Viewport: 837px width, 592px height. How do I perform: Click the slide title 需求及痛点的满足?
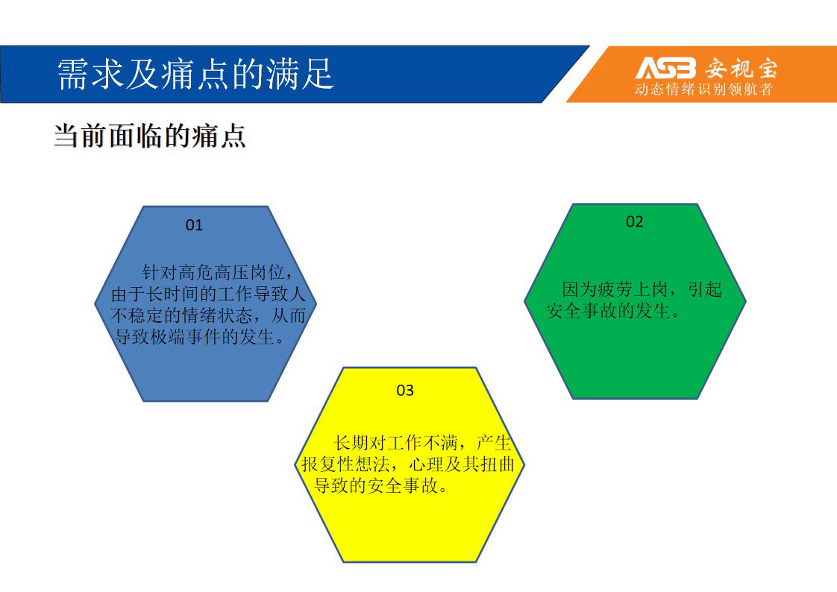point(195,74)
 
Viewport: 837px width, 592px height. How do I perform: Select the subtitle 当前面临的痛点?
point(149,136)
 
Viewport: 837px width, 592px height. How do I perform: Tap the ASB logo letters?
point(666,68)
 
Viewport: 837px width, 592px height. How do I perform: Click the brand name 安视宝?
point(741,69)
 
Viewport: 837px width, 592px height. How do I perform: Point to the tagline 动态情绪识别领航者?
point(703,89)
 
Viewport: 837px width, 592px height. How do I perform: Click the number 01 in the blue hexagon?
point(194,225)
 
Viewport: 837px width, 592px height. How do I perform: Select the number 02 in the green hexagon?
point(635,222)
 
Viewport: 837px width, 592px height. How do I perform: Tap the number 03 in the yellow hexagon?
point(405,391)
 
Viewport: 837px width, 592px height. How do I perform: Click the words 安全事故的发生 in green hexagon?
point(608,310)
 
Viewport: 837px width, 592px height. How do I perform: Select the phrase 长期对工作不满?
point(395,443)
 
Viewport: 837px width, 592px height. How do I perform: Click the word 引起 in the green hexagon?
point(705,289)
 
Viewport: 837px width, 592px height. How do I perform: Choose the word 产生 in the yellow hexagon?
point(494,443)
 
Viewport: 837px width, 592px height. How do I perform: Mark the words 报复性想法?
point(345,464)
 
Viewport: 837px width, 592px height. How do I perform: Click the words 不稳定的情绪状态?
point(181,315)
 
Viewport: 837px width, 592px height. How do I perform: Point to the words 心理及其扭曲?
point(462,464)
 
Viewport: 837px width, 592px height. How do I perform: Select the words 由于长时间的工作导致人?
point(208,294)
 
